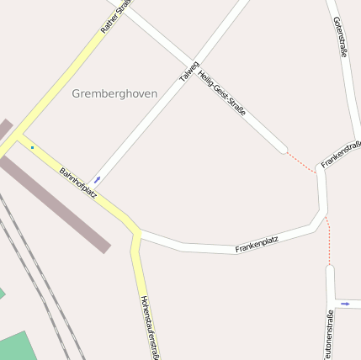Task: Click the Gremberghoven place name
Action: (x=114, y=93)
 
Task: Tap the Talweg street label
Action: (x=189, y=71)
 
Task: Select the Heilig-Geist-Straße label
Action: (x=222, y=92)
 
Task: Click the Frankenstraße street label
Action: (x=341, y=154)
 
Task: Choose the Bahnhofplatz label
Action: (x=77, y=183)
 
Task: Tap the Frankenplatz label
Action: (x=257, y=244)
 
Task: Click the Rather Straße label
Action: (x=116, y=17)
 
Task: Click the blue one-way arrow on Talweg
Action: (x=98, y=179)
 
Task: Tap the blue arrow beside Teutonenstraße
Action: (x=345, y=304)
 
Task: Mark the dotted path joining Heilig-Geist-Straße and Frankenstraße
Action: (x=300, y=161)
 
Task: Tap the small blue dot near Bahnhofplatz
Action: (x=33, y=148)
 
